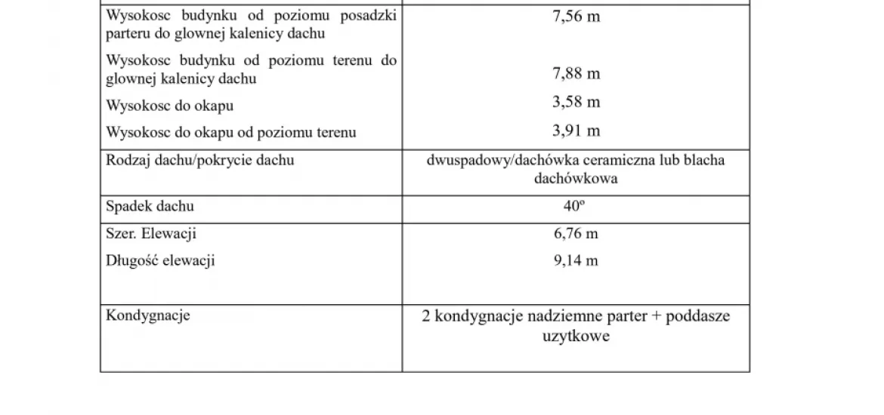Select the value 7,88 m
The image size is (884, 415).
tap(576, 74)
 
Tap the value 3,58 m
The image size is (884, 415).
tap(576, 103)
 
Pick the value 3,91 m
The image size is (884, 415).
tap(576, 131)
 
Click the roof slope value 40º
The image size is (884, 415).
tap(576, 206)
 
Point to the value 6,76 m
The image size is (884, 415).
tap(576, 234)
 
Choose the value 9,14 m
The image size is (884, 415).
tap(576, 261)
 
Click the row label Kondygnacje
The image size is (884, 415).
tap(148, 315)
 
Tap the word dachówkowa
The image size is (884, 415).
tap(576, 180)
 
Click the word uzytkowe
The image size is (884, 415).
tap(576, 337)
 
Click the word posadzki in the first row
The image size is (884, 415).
tap(372, 15)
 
